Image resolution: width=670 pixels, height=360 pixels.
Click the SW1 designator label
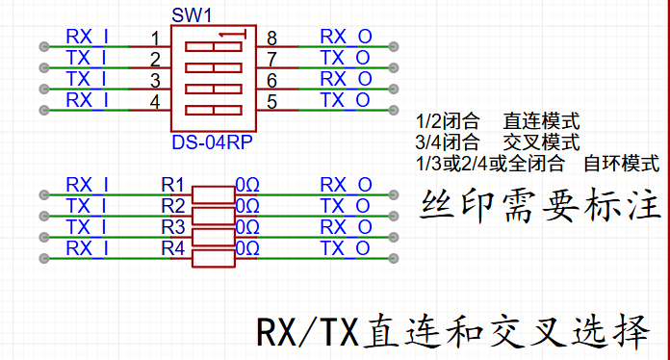click(192, 15)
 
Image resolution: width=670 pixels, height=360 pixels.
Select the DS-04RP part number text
click(212, 142)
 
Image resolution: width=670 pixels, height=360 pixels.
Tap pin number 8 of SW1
click(271, 39)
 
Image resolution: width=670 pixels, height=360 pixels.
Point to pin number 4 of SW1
click(155, 102)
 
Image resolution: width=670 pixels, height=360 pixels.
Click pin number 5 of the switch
click(271, 102)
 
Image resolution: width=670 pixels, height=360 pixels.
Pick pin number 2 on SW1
click(155, 60)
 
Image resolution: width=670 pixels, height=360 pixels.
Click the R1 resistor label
click(172, 185)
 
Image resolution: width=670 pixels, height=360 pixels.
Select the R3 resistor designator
click(173, 227)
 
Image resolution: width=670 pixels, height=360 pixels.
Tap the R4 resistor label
click(173, 248)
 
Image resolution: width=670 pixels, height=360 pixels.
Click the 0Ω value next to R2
click(247, 206)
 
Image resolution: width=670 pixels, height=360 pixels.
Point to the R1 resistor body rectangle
click(213, 195)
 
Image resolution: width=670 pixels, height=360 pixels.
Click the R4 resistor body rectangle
click(213, 259)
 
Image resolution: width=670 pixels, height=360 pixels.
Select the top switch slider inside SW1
click(214, 46)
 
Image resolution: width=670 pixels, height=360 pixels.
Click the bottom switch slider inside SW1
click(214, 110)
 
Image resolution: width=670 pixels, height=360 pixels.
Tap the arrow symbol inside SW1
click(232, 34)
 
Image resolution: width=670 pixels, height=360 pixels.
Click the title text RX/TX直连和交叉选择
click(453, 332)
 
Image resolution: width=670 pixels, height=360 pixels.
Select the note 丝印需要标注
click(540, 205)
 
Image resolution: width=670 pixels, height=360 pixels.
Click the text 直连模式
click(541, 121)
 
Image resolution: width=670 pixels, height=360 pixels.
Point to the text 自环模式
click(622, 164)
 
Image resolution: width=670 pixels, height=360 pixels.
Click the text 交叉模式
click(541, 142)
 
